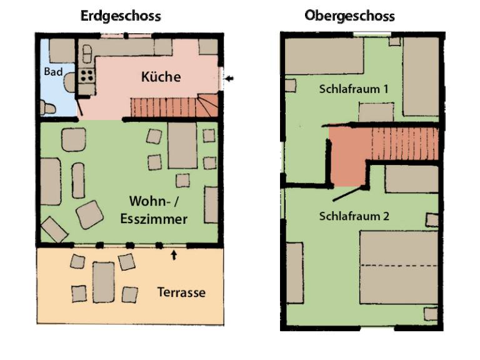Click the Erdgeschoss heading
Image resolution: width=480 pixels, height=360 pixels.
click(121, 16)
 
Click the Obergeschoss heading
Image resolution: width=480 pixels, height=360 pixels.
click(349, 16)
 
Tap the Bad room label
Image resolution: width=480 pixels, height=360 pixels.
click(53, 72)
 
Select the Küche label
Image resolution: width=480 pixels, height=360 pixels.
click(161, 76)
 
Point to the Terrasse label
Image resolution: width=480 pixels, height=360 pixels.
click(181, 292)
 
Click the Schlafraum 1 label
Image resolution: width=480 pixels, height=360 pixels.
click(354, 89)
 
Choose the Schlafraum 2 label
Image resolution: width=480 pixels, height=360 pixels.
click(354, 216)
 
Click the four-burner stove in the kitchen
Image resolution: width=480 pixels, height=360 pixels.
click(87, 76)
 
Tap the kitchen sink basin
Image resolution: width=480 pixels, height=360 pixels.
click(87, 54)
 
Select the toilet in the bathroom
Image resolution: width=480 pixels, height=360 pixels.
click(48, 107)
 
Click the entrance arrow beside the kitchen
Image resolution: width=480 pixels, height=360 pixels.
click(229, 78)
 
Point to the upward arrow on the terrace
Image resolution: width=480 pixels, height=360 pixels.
click(174, 255)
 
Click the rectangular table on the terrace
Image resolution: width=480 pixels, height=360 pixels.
click(104, 282)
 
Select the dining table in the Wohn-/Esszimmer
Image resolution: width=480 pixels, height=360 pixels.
click(182, 146)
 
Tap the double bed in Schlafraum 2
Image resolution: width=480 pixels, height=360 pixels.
click(399, 267)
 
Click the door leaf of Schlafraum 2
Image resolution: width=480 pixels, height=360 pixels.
click(349, 194)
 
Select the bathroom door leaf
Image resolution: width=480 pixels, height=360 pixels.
click(79, 106)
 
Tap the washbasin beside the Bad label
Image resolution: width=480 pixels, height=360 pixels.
click(70, 82)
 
